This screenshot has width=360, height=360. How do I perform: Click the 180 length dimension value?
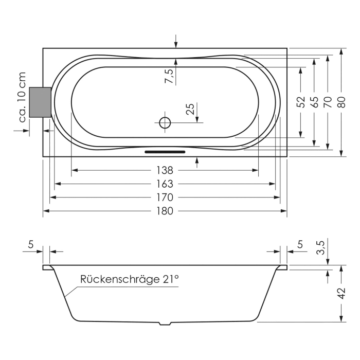pyautogui.click(x=165, y=211)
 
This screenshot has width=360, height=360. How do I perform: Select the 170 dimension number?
pyautogui.click(x=165, y=197)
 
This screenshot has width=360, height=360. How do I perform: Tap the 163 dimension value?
pyautogui.click(x=165, y=184)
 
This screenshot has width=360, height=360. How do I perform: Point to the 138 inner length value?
pyautogui.click(x=165, y=170)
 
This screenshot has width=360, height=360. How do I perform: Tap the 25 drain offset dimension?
pyautogui.click(x=190, y=109)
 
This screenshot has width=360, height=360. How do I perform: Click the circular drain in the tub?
pyautogui.click(x=165, y=123)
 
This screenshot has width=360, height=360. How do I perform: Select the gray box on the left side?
pyautogui.click(x=40, y=102)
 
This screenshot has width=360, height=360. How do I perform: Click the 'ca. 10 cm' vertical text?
pyautogui.click(x=22, y=98)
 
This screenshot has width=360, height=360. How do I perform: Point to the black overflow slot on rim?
pyautogui.click(x=165, y=152)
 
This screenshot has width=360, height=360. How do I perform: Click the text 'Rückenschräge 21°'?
pyautogui.click(x=129, y=279)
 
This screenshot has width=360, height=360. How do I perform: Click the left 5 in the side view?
pyautogui.click(x=30, y=245)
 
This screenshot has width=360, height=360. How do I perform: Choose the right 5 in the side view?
pyautogui.click(x=300, y=245)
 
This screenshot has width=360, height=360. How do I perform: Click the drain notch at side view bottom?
pyautogui.click(x=165, y=323)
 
